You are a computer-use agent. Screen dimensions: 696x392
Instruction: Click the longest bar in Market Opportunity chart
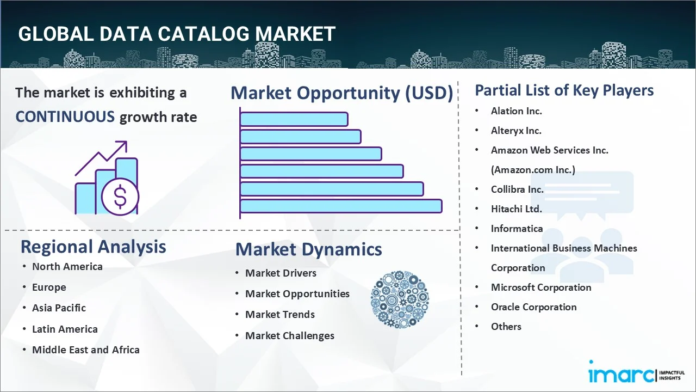(x=341, y=206)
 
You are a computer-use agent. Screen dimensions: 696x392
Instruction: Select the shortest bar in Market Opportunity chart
(x=294, y=119)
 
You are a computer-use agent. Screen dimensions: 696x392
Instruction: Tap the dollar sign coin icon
(x=120, y=197)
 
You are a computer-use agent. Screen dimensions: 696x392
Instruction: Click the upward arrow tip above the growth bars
(x=126, y=142)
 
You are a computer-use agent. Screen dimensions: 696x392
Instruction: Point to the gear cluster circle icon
(x=400, y=299)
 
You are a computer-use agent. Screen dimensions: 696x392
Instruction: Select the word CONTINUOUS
(x=65, y=117)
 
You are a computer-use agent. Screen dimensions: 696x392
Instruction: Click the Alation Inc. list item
(x=517, y=111)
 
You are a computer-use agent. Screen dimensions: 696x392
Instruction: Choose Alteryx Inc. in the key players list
(x=516, y=131)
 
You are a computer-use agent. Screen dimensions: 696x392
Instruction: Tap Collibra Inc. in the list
(x=517, y=189)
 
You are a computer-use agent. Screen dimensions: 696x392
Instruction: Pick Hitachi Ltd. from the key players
(x=517, y=209)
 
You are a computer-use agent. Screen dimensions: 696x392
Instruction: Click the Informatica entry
(x=517, y=229)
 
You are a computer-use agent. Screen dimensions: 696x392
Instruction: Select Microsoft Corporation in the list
(x=541, y=287)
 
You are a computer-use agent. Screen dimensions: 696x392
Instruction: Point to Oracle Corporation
(x=534, y=307)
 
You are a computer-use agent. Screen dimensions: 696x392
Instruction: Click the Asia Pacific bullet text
(x=59, y=308)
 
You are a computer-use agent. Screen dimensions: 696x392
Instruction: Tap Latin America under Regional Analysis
(x=65, y=329)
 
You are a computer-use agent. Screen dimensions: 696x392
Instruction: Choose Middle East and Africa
(x=86, y=350)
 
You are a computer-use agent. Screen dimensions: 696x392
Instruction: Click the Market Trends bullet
(x=280, y=315)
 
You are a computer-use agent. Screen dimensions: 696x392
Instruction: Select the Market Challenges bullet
(x=290, y=336)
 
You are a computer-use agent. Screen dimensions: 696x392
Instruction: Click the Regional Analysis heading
(x=93, y=247)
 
